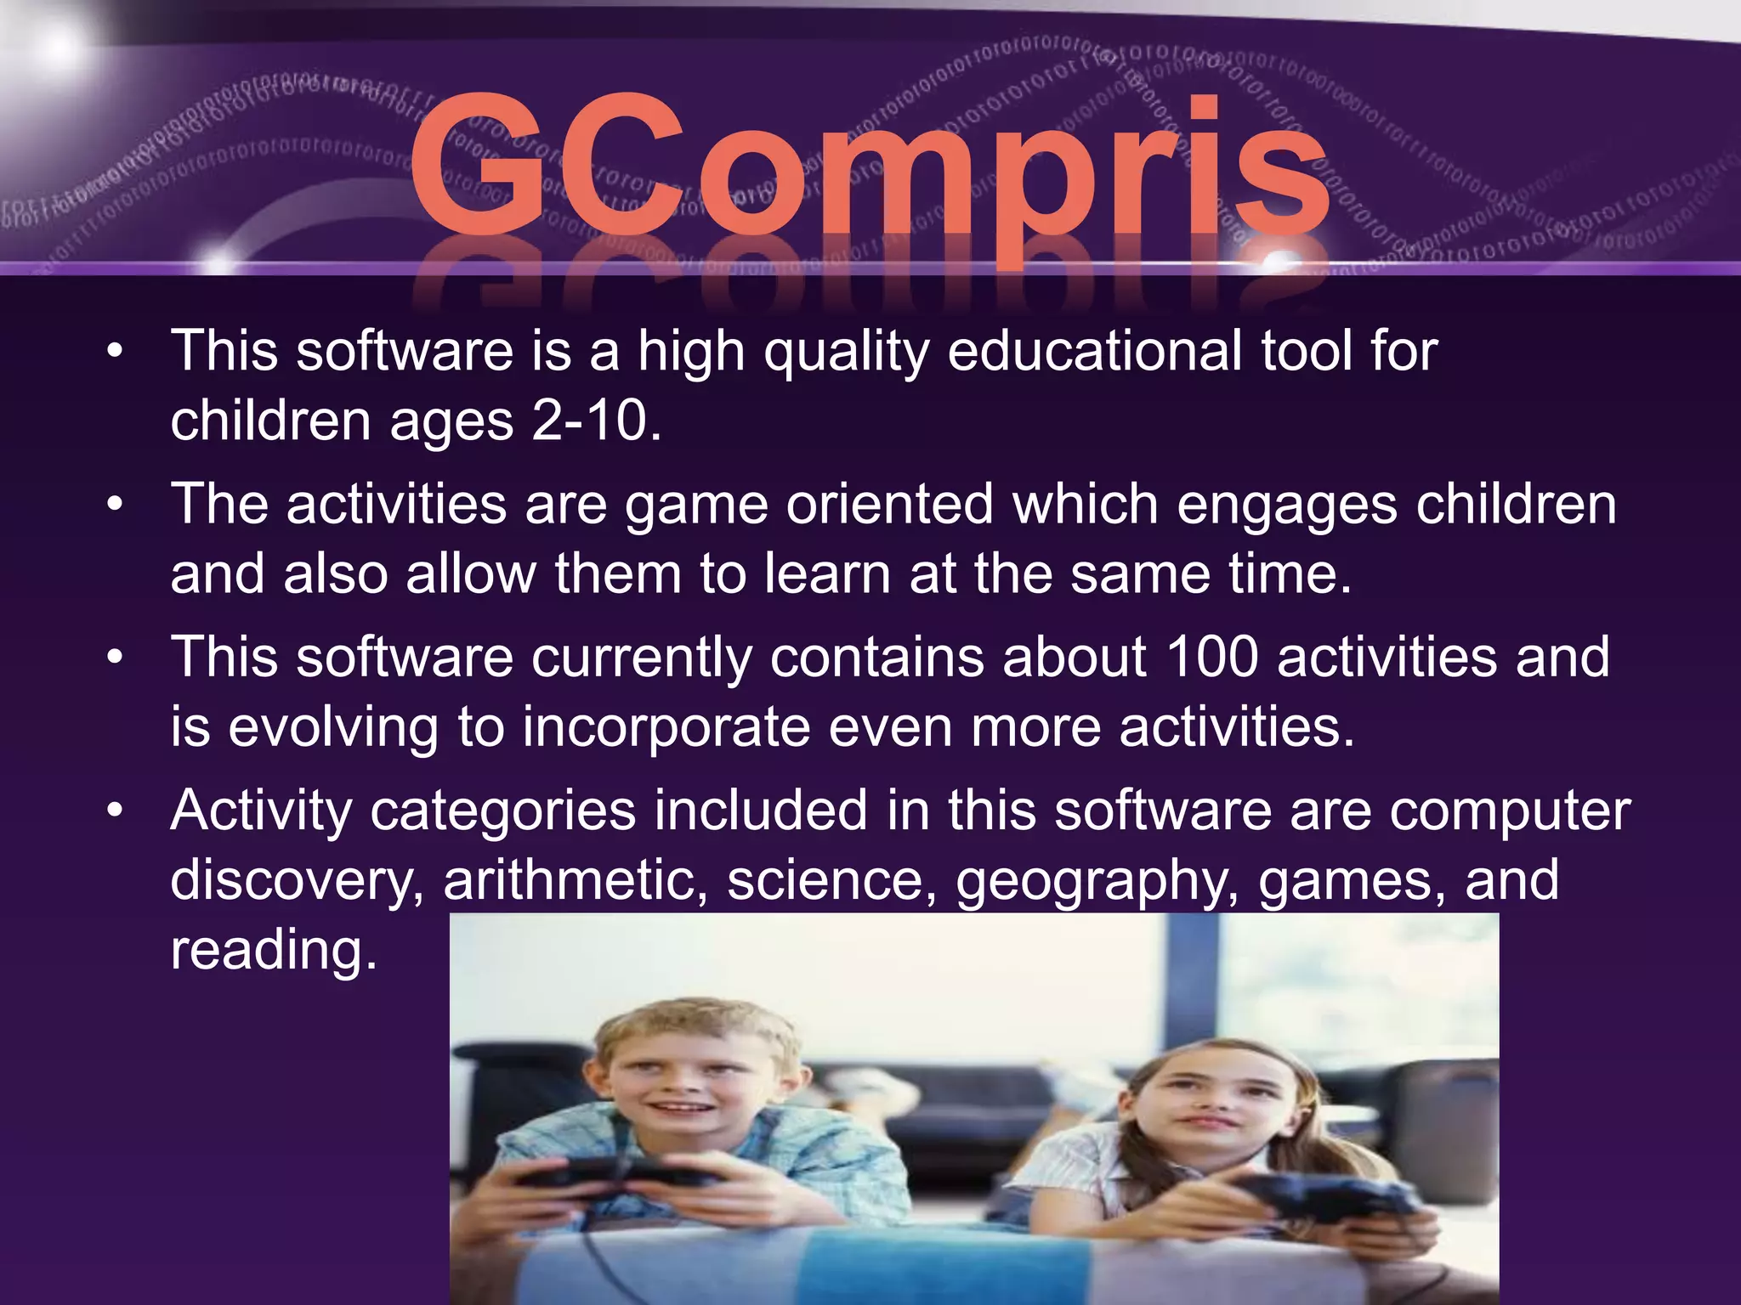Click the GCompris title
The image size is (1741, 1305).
coord(867,170)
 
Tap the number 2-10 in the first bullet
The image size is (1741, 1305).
coord(595,421)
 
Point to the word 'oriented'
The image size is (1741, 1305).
coord(889,505)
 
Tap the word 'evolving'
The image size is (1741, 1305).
coord(332,728)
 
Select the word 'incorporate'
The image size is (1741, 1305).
coord(666,728)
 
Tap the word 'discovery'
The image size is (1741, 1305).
coord(297,880)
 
